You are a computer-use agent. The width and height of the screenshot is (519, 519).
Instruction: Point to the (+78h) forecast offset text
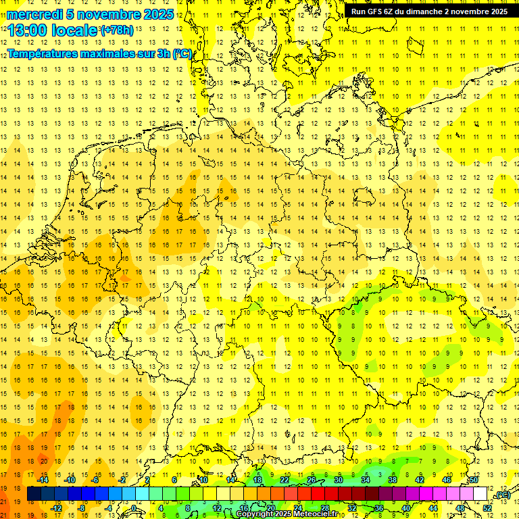point(117,30)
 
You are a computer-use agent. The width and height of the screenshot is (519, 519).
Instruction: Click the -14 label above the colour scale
point(42,480)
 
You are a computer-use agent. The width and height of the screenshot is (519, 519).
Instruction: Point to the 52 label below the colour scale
point(487,508)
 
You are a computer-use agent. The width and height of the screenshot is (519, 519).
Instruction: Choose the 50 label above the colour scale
point(474,480)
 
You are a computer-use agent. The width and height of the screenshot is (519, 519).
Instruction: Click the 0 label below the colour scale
point(134,508)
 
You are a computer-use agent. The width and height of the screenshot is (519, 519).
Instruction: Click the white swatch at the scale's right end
point(480,494)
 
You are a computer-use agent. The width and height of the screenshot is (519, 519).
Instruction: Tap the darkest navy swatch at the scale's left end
point(34,494)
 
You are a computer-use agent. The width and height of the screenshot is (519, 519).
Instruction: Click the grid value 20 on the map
point(43,461)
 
